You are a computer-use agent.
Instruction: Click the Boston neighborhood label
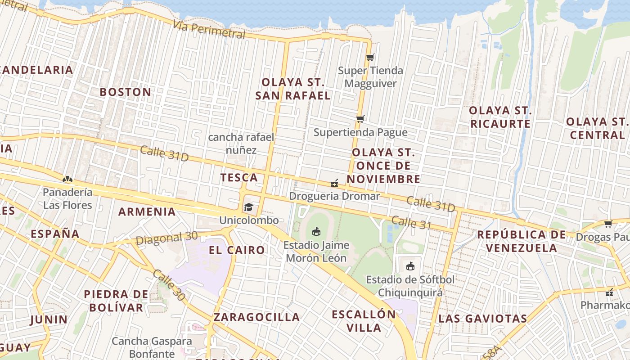[x=125, y=92]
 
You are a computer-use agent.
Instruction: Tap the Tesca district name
[x=239, y=178]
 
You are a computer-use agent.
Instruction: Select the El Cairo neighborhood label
[x=237, y=250]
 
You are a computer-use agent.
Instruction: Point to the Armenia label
[x=147, y=212]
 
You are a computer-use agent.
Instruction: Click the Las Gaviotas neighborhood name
[x=482, y=319]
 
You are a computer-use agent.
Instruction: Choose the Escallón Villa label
[x=364, y=320]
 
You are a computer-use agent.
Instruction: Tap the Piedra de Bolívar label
[x=116, y=301]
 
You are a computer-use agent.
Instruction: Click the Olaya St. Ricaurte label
[x=500, y=117]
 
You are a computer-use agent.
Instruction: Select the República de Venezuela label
[x=521, y=241]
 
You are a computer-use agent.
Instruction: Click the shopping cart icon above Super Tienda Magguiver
[x=370, y=58]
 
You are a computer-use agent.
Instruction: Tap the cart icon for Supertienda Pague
[x=360, y=119]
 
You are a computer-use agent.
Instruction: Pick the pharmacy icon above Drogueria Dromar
[x=334, y=184]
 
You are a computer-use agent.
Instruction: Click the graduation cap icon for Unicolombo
[x=248, y=207]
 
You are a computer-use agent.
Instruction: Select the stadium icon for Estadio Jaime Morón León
[x=316, y=232]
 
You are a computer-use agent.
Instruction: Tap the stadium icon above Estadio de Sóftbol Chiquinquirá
[x=410, y=266]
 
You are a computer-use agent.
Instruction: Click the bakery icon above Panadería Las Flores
[x=67, y=179]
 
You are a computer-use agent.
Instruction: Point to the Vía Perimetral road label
[x=209, y=30]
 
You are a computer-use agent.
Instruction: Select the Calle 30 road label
[x=169, y=286]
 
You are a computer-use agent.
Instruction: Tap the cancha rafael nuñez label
[x=241, y=144]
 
